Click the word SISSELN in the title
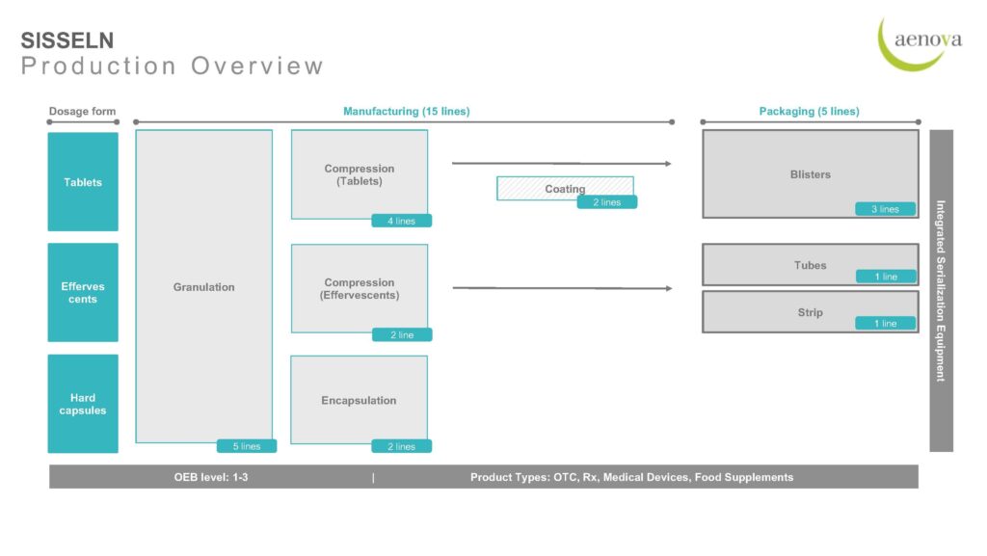67,40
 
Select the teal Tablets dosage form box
83,182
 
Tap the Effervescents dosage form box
83,293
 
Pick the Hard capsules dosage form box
83,404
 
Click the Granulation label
204,287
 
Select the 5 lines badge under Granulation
247,446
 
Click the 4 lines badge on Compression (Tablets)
402,221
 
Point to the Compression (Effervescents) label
360,289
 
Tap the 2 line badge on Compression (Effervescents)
402,334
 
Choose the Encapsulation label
359,401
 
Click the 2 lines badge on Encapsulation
402,446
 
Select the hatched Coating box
565,189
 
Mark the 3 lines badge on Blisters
885,209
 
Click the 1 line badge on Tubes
886,277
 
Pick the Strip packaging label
810,312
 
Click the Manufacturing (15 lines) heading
407,112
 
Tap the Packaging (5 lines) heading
809,112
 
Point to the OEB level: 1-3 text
211,477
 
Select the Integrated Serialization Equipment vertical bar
941,291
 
